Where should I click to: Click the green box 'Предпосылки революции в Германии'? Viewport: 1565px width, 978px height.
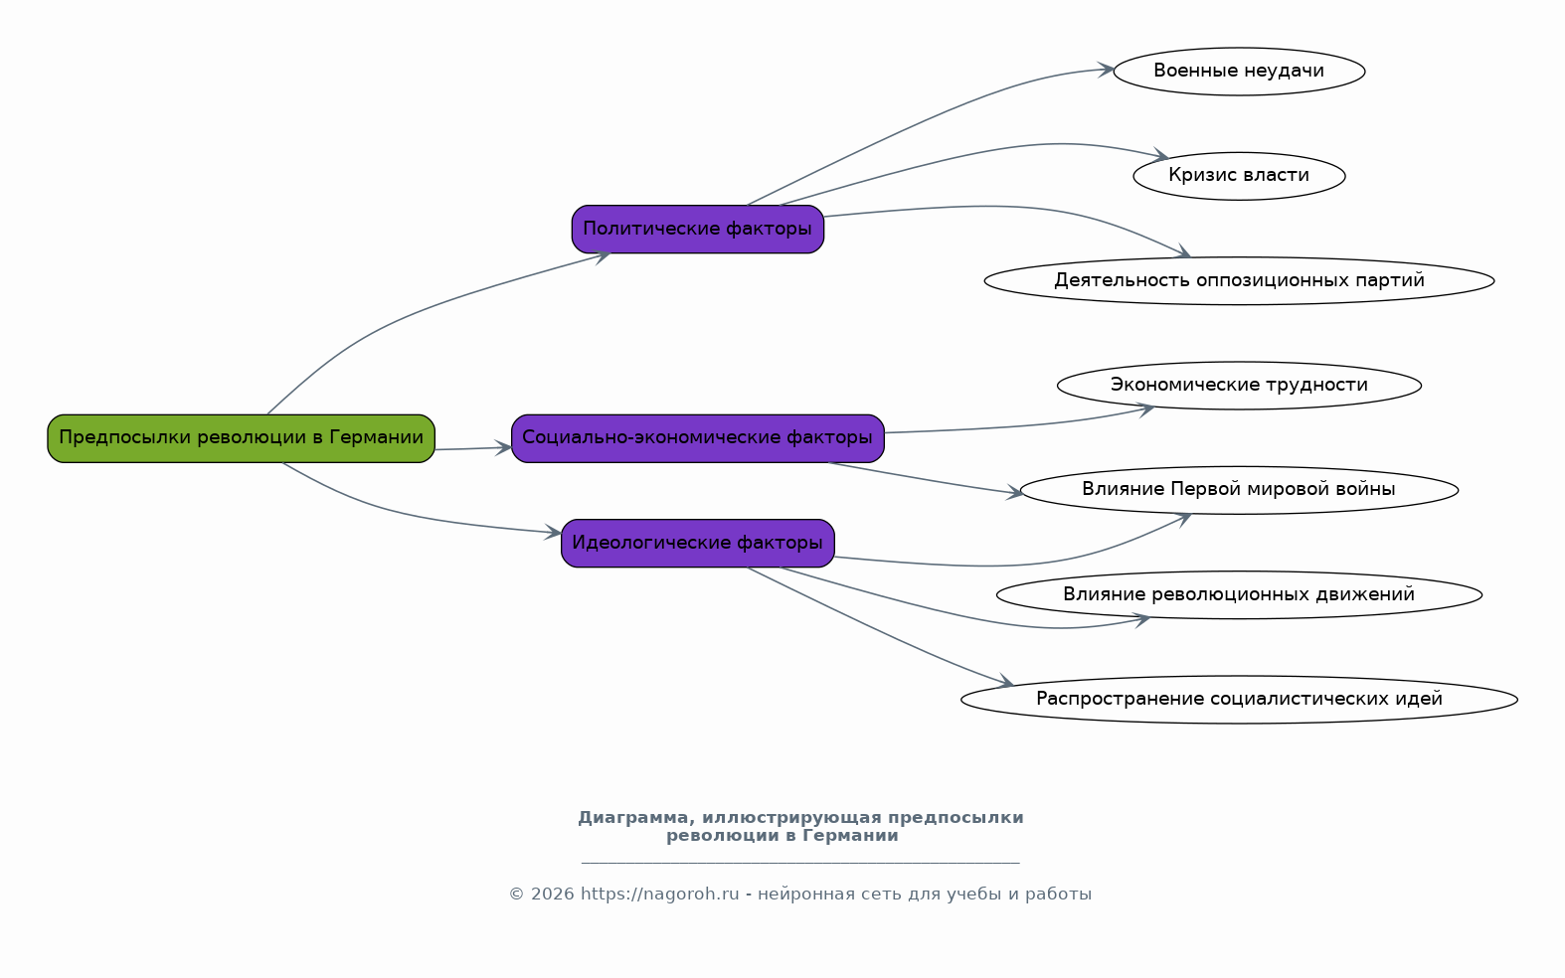(241, 438)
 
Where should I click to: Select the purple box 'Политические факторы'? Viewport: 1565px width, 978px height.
(698, 230)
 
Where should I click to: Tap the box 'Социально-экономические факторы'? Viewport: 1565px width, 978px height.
(698, 438)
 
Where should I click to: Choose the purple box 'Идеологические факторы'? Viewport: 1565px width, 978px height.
(698, 544)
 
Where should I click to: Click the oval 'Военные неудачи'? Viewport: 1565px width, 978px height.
(1240, 72)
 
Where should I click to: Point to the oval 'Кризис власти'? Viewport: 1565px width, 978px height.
(1240, 176)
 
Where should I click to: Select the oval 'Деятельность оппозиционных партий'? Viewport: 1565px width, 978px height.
(1240, 281)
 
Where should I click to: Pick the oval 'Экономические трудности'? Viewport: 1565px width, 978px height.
(1240, 386)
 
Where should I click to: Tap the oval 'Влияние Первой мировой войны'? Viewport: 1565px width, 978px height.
(1240, 490)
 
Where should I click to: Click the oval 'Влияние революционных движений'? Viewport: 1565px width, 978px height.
(1240, 595)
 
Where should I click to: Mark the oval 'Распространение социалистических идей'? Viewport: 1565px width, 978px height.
(1240, 700)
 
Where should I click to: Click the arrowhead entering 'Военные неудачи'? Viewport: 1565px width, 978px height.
(1106, 70)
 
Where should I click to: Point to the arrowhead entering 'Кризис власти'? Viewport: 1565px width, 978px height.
(1161, 155)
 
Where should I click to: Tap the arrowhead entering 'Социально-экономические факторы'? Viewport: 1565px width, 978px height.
(504, 448)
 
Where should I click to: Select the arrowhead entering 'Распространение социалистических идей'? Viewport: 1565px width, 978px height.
(1006, 681)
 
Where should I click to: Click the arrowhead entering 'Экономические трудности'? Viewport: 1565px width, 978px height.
(1145, 409)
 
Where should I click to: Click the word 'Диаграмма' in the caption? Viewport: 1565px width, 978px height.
(636, 818)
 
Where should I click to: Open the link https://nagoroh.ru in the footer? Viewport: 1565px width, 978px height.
(659, 895)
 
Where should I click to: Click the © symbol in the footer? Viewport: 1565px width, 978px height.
(516, 895)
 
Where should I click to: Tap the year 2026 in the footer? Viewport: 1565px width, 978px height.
(553, 895)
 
